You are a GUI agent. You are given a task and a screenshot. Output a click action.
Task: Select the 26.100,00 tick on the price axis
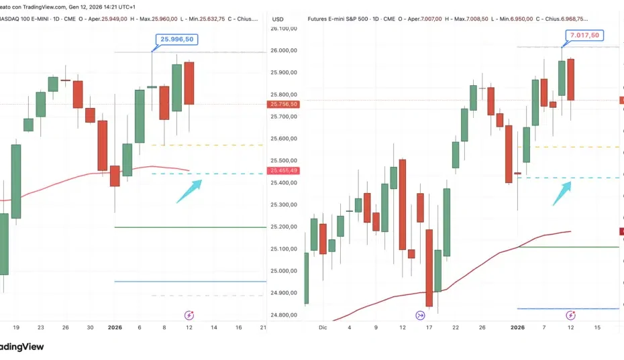point(284,28)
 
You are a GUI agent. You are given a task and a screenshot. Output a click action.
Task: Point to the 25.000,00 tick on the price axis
point(284,271)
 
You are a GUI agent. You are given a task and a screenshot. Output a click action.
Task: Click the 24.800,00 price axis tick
point(284,315)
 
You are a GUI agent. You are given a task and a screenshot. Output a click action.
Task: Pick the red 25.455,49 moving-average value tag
point(284,171)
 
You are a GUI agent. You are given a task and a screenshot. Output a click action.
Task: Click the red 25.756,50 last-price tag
point(284,105)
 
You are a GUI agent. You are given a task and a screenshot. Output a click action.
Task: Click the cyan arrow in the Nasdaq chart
point(189,191)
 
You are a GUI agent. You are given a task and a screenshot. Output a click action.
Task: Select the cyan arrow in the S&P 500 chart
point(562,193)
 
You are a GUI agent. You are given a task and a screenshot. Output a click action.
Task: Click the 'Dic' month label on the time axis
point(323,327)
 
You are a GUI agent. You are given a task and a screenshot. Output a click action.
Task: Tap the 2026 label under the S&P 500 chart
point(517,327)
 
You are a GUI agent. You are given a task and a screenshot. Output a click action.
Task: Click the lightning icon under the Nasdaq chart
point(189,314)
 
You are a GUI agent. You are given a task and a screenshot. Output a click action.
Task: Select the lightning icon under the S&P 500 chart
point(571,314)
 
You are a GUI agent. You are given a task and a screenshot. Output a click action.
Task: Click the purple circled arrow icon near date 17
point(421,314)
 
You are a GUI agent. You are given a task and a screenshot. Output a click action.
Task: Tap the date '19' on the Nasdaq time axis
point(16,327)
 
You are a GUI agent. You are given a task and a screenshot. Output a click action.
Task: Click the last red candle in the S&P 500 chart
point(571,79)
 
